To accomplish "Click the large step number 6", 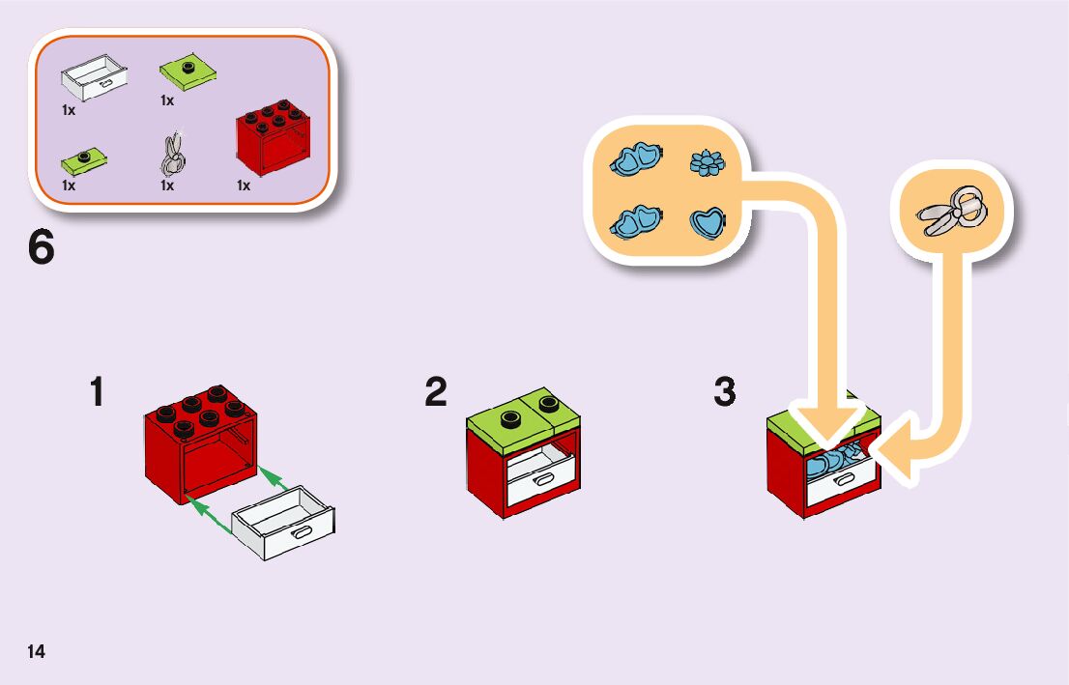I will pos(42,248).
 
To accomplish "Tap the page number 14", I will pos(36,651).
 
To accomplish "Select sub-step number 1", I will pos(97,393).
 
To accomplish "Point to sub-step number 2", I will pos(436,392).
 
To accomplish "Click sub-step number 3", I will pos(725,392).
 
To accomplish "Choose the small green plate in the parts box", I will pos(84,157).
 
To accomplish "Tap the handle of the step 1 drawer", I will pos(303,530).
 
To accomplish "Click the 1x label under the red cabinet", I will pos(244,186).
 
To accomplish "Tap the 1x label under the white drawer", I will pos(69,110).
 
